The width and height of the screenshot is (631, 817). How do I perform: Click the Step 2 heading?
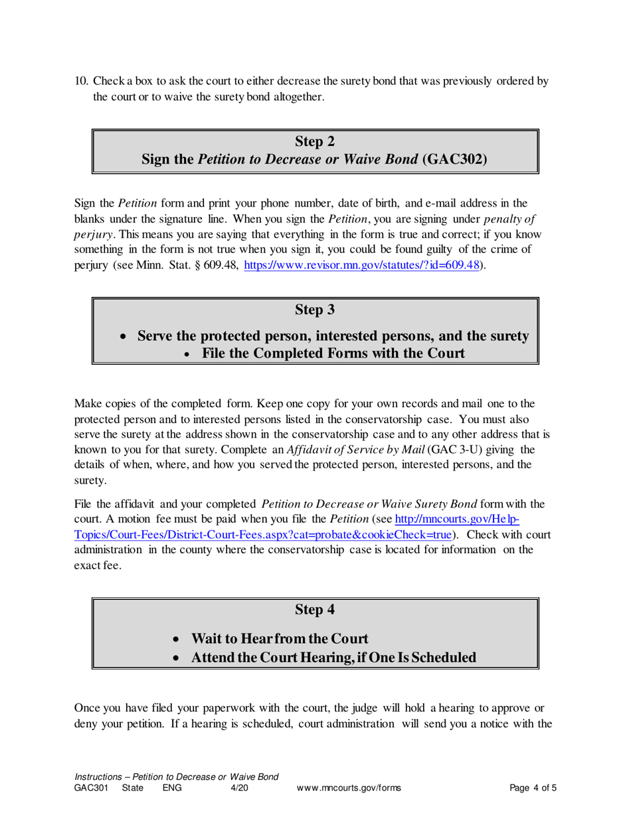point(314,140)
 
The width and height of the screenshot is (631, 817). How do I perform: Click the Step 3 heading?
point(314,309)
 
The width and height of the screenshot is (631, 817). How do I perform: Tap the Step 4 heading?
point(314,608)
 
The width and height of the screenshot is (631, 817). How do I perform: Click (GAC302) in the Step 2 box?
point(454,159)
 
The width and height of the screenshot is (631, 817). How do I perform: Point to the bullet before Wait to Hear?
point(176,640)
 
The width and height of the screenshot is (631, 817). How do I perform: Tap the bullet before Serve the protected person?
point(122,337)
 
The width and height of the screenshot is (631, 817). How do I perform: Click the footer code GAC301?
point(89,788)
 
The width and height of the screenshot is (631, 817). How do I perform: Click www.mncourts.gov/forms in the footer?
point(349,788)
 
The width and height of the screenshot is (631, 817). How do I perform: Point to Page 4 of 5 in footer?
point(533,788)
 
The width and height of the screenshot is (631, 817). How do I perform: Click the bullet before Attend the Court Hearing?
point(176,658)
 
